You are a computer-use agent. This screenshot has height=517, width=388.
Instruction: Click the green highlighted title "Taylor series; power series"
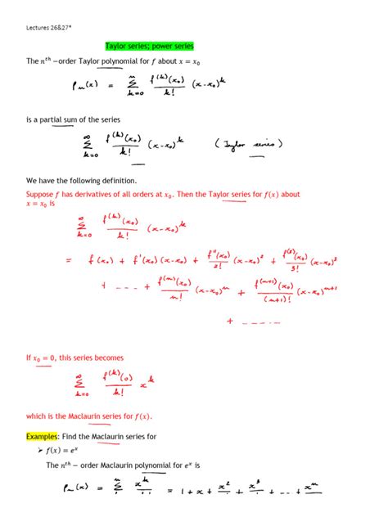(149, 46)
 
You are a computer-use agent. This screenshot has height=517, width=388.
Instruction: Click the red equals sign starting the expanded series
(68, 260)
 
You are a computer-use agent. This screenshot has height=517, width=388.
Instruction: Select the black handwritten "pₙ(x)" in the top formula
(86, 83)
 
